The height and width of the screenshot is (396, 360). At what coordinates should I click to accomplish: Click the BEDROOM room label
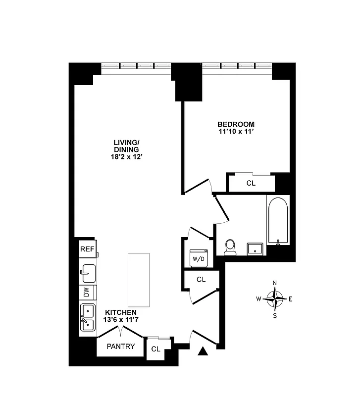click(x=236, y=124)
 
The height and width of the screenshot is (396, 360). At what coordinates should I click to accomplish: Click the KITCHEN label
click(x=120, y=312)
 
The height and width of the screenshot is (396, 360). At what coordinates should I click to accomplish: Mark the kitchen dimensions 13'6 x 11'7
click(x=120, y=320)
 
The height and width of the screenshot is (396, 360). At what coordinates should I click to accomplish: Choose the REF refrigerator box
click(x=87, y=249)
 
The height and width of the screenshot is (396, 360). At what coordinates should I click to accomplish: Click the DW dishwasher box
click(x=87, y=293)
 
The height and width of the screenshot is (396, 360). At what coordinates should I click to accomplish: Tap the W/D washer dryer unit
click(x=198, y=257)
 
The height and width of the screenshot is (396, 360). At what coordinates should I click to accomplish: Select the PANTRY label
click(x=121, y=346)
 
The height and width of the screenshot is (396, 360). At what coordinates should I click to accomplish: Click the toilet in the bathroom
click(x=230, y=247)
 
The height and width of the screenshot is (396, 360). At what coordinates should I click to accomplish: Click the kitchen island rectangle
click(x=139, y=280)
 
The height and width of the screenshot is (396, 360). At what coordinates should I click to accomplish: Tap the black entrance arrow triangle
click(x=202, y=351)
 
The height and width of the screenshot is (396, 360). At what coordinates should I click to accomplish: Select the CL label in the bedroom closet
click(x=251, y=183)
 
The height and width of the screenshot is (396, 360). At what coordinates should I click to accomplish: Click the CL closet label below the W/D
click(x=201, y=279)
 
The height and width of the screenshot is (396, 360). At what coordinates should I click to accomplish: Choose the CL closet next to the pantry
click(x=156, y=349)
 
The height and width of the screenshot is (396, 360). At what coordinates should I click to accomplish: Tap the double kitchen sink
click(x=88, y=317)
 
